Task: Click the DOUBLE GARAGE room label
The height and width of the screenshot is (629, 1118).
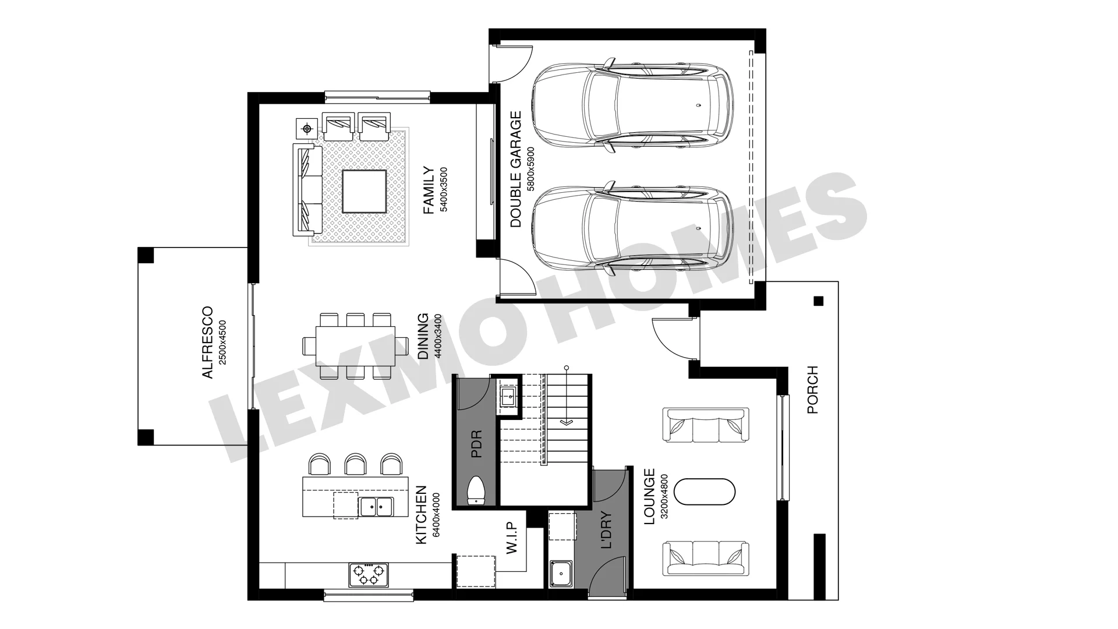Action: coord(515,169)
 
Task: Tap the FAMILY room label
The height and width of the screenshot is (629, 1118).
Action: coord(429,190)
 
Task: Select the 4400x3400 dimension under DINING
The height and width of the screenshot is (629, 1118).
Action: coord(438,335)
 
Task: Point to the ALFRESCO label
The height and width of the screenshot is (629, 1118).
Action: coord(208,343)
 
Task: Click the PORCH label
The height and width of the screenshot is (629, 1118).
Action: coord(813,390)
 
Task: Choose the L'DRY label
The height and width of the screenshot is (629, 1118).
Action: coord(606,531)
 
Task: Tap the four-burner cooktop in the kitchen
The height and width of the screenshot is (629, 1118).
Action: coord(368,574)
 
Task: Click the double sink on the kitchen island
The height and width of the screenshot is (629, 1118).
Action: coord(376,507)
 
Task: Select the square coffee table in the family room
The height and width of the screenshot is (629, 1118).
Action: coord(364,192)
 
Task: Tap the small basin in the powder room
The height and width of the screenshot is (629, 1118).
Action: coord(507,398)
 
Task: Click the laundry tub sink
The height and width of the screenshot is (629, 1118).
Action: coord(561,573)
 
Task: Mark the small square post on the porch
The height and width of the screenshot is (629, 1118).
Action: coord(818,301)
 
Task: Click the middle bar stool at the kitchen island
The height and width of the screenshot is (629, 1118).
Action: coord(355,464)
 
